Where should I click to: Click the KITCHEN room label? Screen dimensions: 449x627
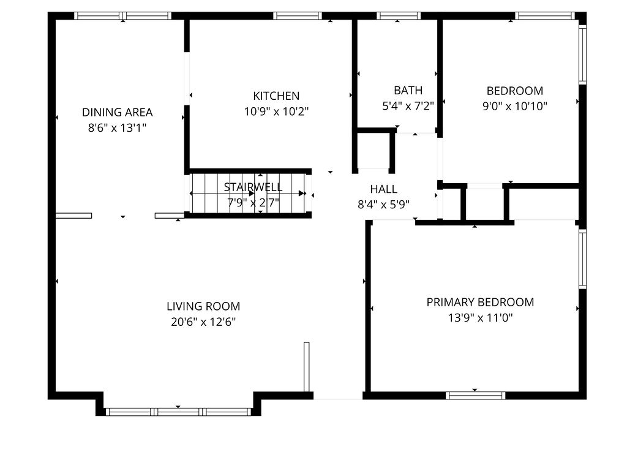tap(276, 96)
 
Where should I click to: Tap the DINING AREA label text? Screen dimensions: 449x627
tap(117, 112)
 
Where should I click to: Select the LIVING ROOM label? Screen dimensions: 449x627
tap(203, 306)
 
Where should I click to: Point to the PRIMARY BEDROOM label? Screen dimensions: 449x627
tap(480, 302)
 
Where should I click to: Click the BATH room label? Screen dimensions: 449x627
tap(408, 91)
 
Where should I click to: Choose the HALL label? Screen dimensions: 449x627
tap(383, 189)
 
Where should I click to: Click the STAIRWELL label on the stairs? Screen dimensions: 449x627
tap(253, 187)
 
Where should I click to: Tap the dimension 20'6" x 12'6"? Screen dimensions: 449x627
tap(203, 322)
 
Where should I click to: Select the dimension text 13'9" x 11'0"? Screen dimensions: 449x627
tap(480, 318)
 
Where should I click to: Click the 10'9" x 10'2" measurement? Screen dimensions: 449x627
tap(276, 112)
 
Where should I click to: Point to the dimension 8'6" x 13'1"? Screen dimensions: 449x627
tap(117, 128)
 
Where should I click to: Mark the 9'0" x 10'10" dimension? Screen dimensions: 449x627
tap(514, 106)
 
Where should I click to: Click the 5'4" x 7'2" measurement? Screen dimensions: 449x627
tap(408, 106)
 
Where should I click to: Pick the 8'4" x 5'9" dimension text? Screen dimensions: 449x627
tap(383, 205)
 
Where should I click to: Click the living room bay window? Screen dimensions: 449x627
tap(178, 412)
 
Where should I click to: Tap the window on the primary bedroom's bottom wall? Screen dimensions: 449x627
tap(476, 395)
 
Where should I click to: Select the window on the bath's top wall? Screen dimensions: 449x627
tap(398, 16)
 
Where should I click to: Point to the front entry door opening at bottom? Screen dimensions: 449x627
tap(338, 396)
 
